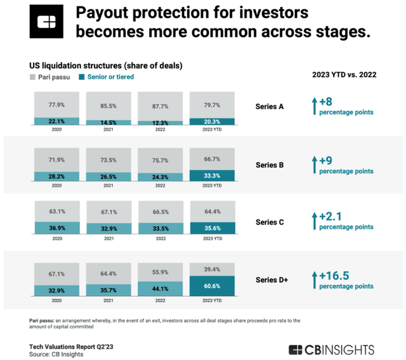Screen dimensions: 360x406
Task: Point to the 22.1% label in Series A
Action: pyautogui.click(x=56, y=122)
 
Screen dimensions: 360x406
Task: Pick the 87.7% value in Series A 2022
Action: pyautogui.click(x=160, y=103)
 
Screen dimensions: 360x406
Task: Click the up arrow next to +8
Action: pyautogui.click(x=313, y=106)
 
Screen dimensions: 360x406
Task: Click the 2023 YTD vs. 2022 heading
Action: pyautogui.click(x=344, y=75)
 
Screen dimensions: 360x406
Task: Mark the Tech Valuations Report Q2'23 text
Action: pyautogui.click(x=70, y=347)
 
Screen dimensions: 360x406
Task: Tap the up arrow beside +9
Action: pyautogui.click(x=313, y=164)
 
